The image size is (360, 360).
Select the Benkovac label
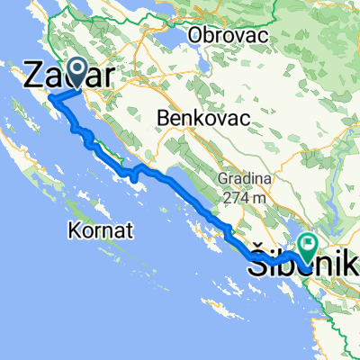click(x=193, y=117)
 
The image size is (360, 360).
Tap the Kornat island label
click(x=100, y=231)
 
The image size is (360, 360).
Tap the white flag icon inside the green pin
click(x=308, y=242)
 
